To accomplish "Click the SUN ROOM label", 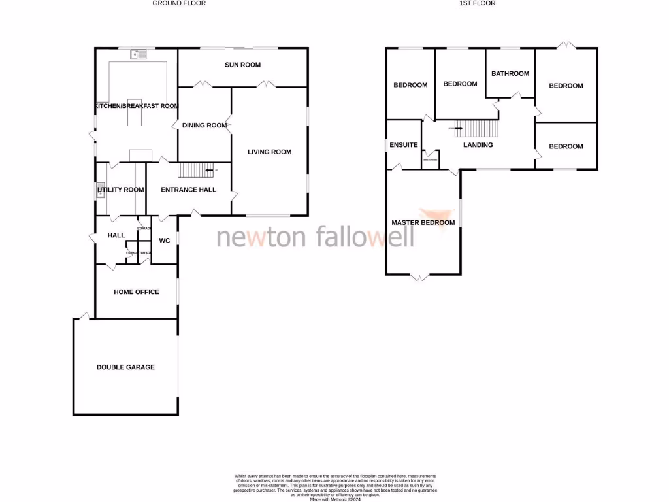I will (x=242, y=65).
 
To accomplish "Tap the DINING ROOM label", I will (x=204, y=125).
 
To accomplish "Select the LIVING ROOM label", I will (x=269, y=152).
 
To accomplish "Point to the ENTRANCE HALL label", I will (x=189, y=190).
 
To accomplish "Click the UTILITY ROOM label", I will (x=121, y=190).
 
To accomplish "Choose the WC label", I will (x=165, y=241).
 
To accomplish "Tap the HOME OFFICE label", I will (x=136, y=292).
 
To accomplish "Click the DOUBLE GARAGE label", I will (x=125, y=367).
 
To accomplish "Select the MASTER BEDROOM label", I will (x=423, y=223).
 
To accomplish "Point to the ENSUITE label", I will (x=403, y=145).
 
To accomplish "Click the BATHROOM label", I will (x=510, y=73).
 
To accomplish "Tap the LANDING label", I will (x=478, y=145).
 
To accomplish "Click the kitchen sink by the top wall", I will (x=139, y=54).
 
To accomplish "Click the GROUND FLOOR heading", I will (x=179, y=3).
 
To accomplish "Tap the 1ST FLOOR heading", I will (x=482, y=3).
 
